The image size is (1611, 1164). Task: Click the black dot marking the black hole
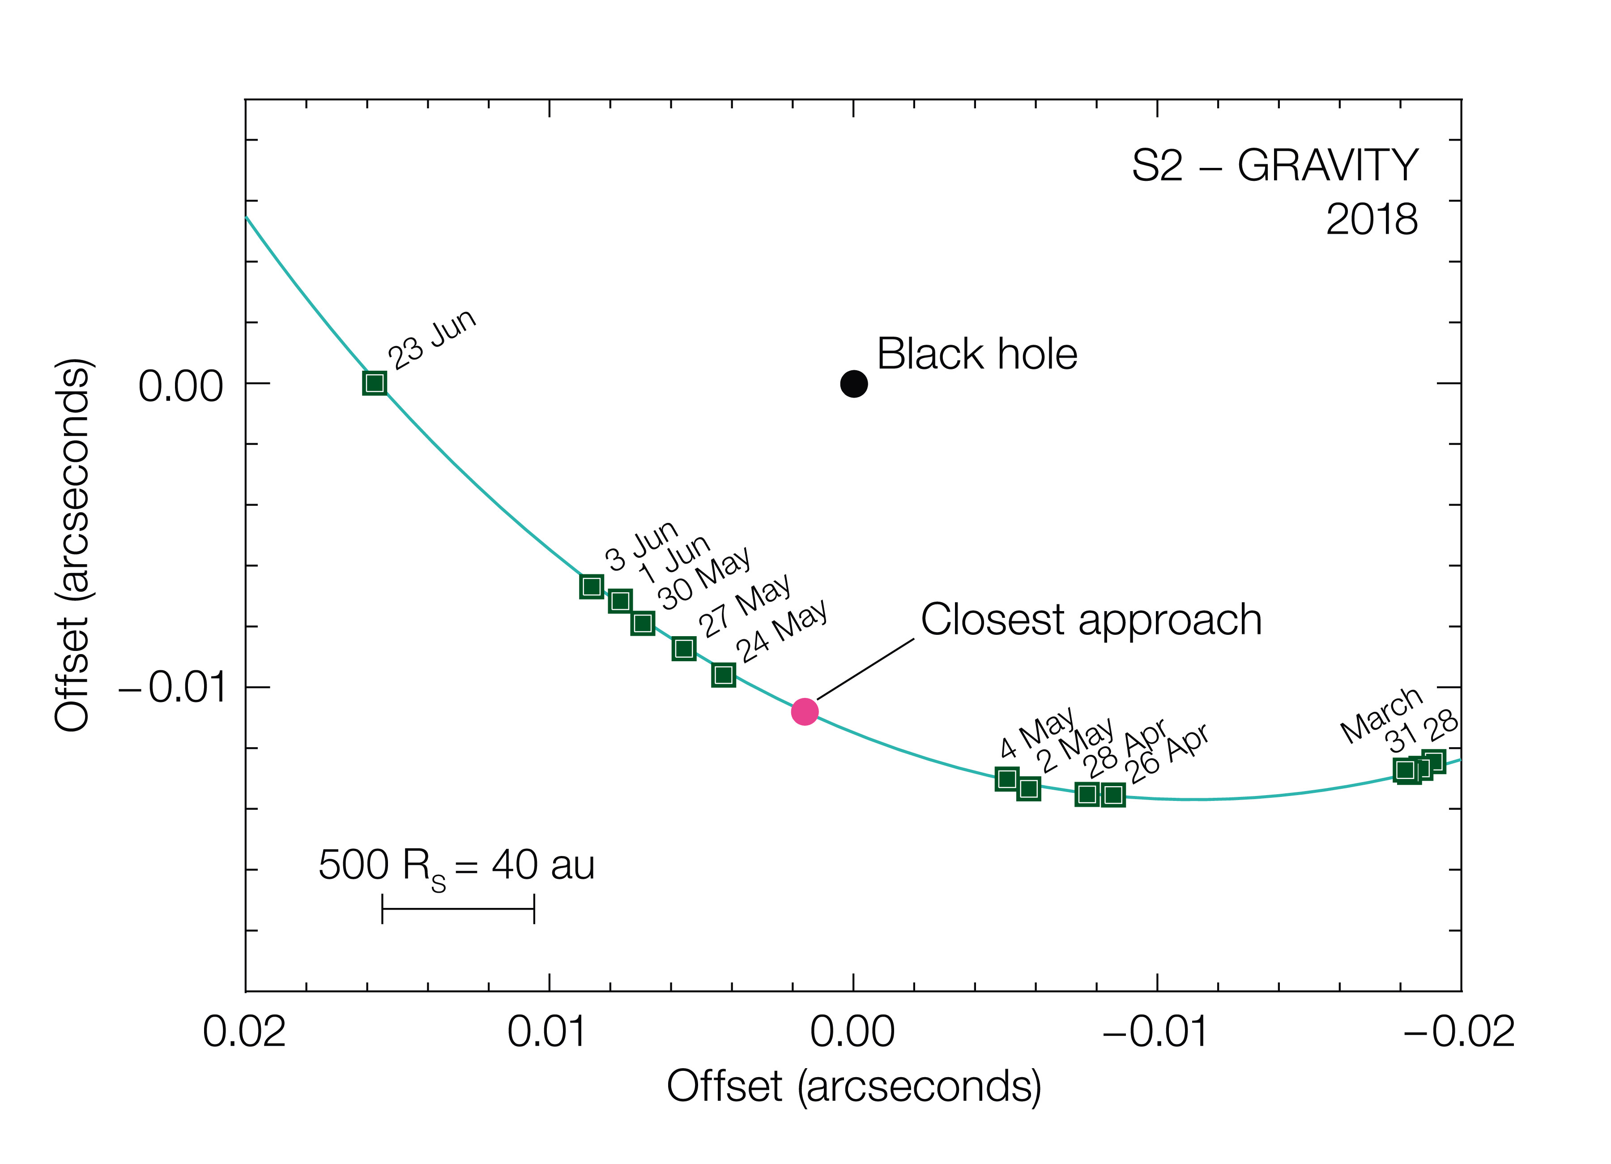[854, 384]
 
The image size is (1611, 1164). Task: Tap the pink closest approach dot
[805, 711]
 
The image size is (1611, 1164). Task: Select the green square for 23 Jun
[375, 384]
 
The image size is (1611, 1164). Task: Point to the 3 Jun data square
[591, 586]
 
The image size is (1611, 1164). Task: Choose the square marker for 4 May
[1006, 779]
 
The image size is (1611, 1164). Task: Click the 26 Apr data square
[1113, 795]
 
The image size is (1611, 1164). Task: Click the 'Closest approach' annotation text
[1091, 620]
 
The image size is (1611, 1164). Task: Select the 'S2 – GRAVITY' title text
[1274, 166]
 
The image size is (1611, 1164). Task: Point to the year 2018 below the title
[1371, 219]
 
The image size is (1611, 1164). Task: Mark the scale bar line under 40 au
[458, 909]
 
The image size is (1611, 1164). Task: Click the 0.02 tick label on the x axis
[244, 1032]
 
